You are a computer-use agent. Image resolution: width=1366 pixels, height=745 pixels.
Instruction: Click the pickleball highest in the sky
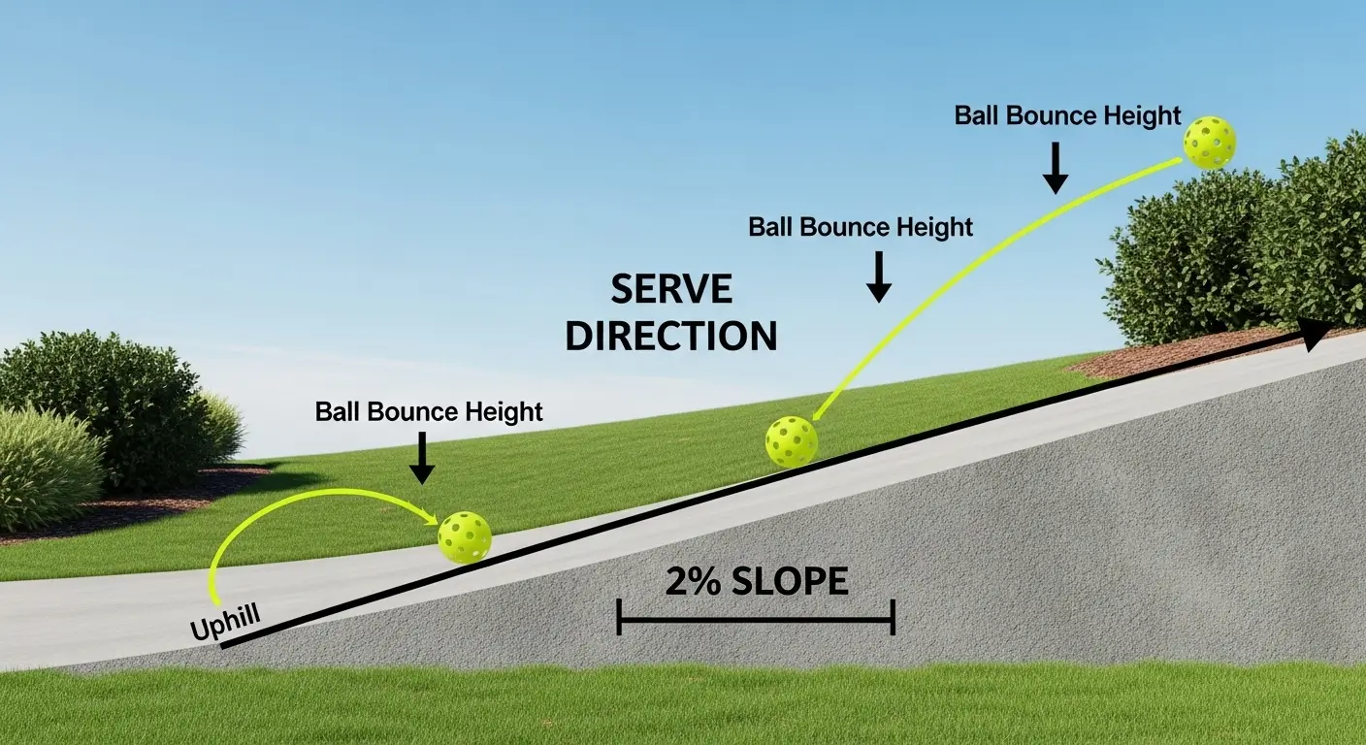click(1209, 143)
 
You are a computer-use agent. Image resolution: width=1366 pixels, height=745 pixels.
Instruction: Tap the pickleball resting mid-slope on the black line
click(791, 441)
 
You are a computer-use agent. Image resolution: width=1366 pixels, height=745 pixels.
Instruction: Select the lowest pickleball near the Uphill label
click(465, 537)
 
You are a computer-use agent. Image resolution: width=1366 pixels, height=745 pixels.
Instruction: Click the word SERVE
click(671, 290)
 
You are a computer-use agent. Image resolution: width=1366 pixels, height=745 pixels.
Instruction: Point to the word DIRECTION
click(671, 336)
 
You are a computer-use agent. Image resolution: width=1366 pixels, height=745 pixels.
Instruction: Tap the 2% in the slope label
click(695, 582)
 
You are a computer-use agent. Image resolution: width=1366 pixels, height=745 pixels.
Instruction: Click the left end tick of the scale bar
click(619, 617)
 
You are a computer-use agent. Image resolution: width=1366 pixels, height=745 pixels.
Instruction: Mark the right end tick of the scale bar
click(892, 617)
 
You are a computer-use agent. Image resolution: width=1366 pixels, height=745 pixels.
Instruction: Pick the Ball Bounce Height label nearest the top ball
click(1067, 116)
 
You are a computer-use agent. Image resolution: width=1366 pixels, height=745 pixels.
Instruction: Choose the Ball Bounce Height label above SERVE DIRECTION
click(860, 228)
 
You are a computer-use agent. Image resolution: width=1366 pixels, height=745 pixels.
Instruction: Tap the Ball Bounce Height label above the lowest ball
click(429, 411)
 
